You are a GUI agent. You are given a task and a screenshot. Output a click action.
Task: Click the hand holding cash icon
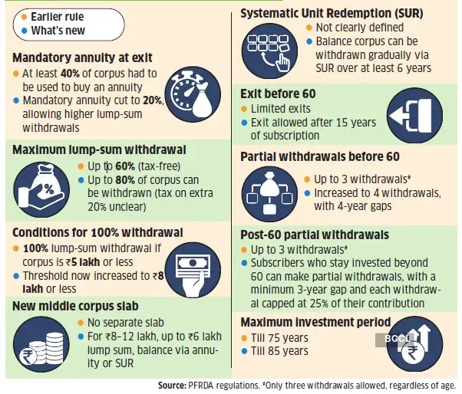pos(199,265)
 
